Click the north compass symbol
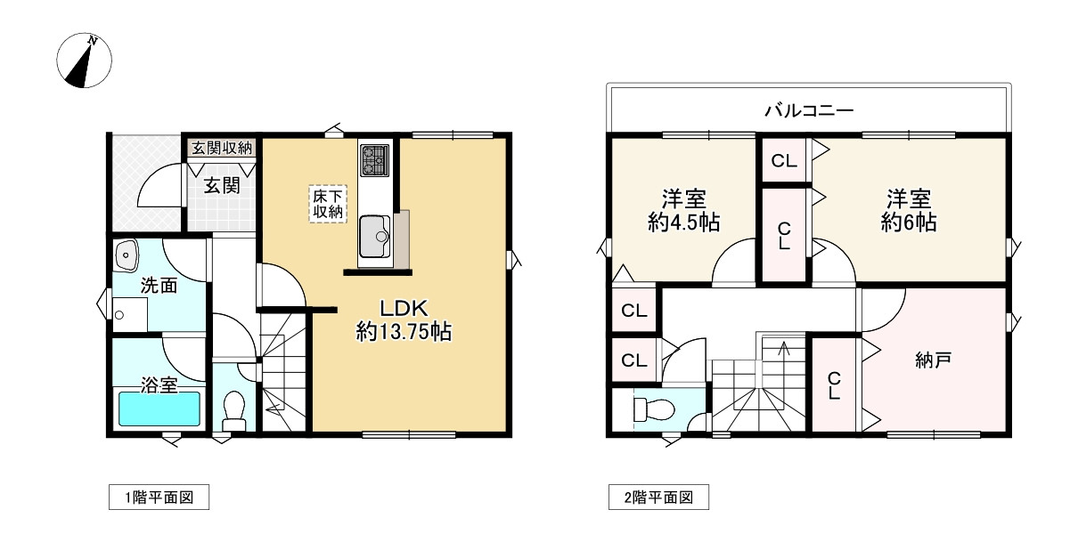[x=85, y=62]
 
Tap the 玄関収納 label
[x=222, y=148]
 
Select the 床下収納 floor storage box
[x=327, y=203]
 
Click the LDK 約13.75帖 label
[x=403, y=320]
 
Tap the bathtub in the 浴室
[x=159, y=409]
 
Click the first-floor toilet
[x=233, y=409]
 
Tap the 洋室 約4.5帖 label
[x=683, y=209]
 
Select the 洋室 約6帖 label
[x=908, y=209]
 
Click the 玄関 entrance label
[x=221, y=185]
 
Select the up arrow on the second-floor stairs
[x=783, y=348]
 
